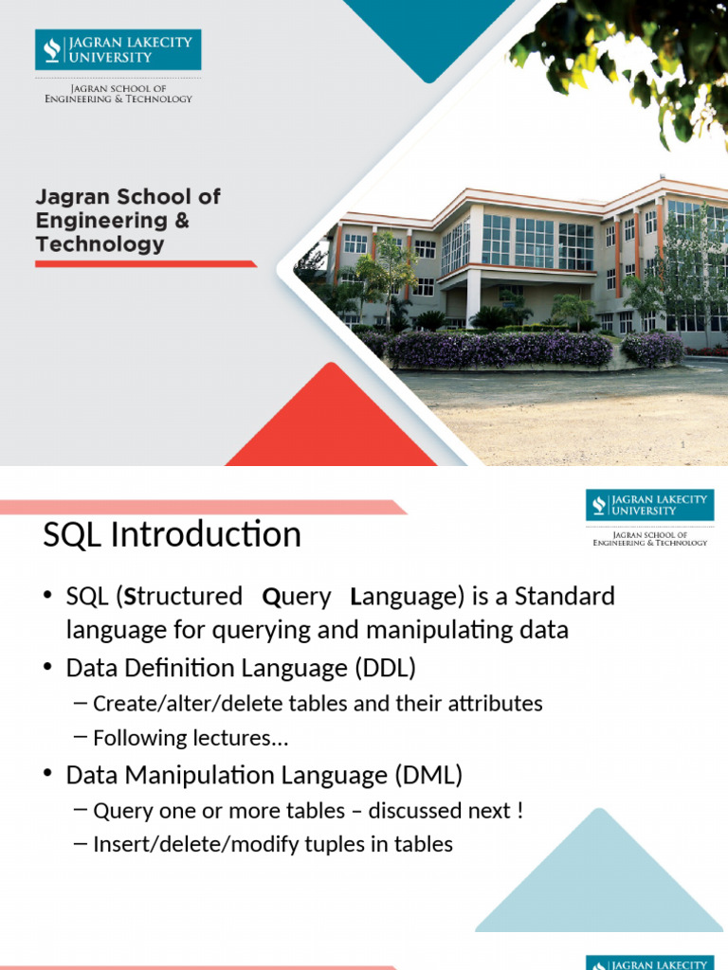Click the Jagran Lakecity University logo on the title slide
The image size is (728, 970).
[118, 49]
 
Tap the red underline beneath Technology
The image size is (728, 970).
[146, 263]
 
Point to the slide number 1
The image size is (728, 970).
[682, 445]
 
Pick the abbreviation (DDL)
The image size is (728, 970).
[385, 669]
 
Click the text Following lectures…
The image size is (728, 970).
[191, 738]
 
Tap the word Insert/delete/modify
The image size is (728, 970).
[179, 844]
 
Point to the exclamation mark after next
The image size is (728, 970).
[520, 811]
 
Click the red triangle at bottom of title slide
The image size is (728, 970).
[331, 426]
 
